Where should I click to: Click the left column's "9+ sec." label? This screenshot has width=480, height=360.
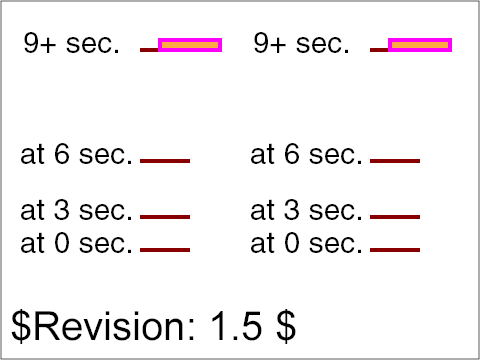click(x=71, y=44)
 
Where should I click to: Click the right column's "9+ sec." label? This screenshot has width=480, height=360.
click(x=301, y=44)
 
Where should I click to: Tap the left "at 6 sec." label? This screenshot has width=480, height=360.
click(x=77, y=155)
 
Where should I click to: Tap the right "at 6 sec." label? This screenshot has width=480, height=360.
click(x=307, y=155)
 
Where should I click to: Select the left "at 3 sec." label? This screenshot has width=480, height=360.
click(x=77, y=211)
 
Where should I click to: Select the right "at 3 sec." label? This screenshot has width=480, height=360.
click(x=307, y=211)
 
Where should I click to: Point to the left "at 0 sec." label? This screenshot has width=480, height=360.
click(x=77, y=243)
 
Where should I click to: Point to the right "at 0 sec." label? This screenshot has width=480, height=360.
click(x=307, y=243)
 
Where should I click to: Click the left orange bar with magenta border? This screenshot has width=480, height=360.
click(x=190, y=45)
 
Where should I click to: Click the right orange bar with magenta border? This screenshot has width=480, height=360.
click(x=420, y=45)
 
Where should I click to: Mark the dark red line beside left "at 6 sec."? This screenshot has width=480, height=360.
click(x=165, y=160)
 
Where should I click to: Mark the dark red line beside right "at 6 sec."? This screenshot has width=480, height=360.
click(x=395, y=160)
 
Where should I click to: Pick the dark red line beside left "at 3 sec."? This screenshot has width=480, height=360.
click(x=165, y=216)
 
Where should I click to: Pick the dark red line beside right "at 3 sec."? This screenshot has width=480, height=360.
click(x=395, y=216)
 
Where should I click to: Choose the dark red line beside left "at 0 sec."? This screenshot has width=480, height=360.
click(x=165, y=249)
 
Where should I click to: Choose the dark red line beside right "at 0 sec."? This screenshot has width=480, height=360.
click(x=395, y=249)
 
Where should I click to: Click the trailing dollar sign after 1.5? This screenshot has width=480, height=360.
click(x=286, y=326)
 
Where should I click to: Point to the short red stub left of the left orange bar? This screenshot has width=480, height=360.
click(x=149, y=49)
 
